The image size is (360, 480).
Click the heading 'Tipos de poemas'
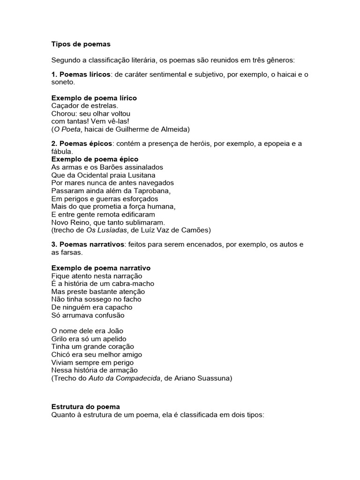click(x=81, y=44)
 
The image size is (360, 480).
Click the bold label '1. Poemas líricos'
click(x=80, y=75)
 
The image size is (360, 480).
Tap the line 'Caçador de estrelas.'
click(x=84, y=106)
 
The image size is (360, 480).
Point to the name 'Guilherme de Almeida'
click(x=155, y=129)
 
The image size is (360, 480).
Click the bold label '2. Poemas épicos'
click(x=81, y=143)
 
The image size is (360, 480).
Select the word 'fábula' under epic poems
click(x=61, y=151)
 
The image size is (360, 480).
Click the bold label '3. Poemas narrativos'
click(x=88, y=245)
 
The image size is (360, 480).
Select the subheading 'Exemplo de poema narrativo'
click(x=101, y=268)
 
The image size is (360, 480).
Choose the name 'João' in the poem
click(x=115, y=331)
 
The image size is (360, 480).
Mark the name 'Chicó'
click(x=60, y=354)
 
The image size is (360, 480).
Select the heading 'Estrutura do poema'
click(x=86, y=407)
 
